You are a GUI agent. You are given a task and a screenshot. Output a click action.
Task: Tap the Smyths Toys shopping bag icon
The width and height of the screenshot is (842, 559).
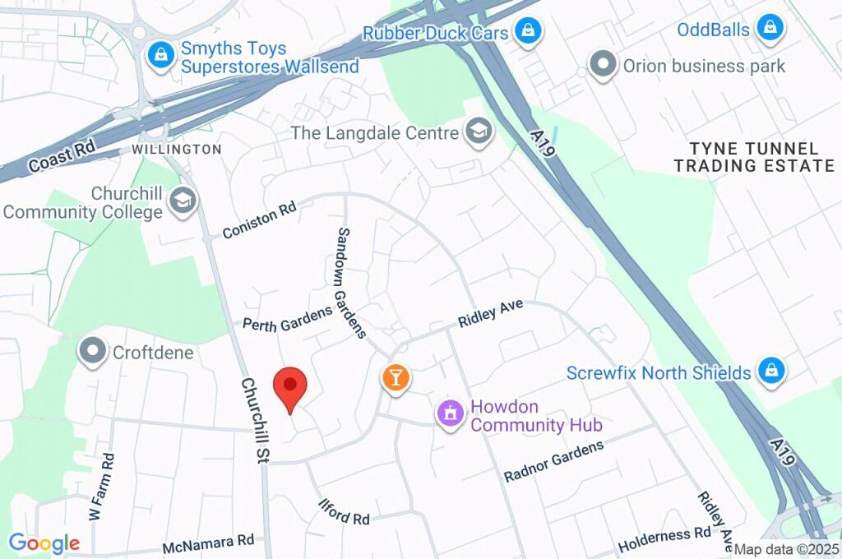(x=159, y=56)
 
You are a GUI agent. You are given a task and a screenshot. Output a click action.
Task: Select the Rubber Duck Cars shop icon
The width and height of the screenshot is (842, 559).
(x=524, y=32)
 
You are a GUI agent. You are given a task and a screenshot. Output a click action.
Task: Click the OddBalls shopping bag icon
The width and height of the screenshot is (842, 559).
(x=770, y=27)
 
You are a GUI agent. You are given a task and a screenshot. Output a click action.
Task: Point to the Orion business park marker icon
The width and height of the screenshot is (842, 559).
(x=604, y=65)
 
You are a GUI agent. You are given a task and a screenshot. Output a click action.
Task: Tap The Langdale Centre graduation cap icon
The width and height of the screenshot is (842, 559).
(x=476, y=129)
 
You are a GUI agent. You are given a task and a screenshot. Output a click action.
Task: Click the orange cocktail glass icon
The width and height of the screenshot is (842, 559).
(x=396, y=378)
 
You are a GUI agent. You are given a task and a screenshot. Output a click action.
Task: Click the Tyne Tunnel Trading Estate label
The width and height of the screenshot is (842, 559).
(x=754, y=157)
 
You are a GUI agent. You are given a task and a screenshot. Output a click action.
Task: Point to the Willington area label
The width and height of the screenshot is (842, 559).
(x=177, y=150)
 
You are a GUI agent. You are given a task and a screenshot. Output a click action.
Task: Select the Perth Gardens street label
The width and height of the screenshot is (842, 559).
(x=287, y=318)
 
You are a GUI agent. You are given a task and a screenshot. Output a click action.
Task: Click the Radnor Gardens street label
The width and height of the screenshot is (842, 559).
(x=553, y=461)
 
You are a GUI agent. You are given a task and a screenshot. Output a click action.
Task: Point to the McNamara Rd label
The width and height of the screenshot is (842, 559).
(x=208, y=543)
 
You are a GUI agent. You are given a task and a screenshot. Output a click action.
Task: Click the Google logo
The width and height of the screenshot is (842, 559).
(x=44, y=543)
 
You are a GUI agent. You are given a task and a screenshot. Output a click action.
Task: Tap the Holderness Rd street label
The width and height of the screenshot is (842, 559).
(x=664, y=539)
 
